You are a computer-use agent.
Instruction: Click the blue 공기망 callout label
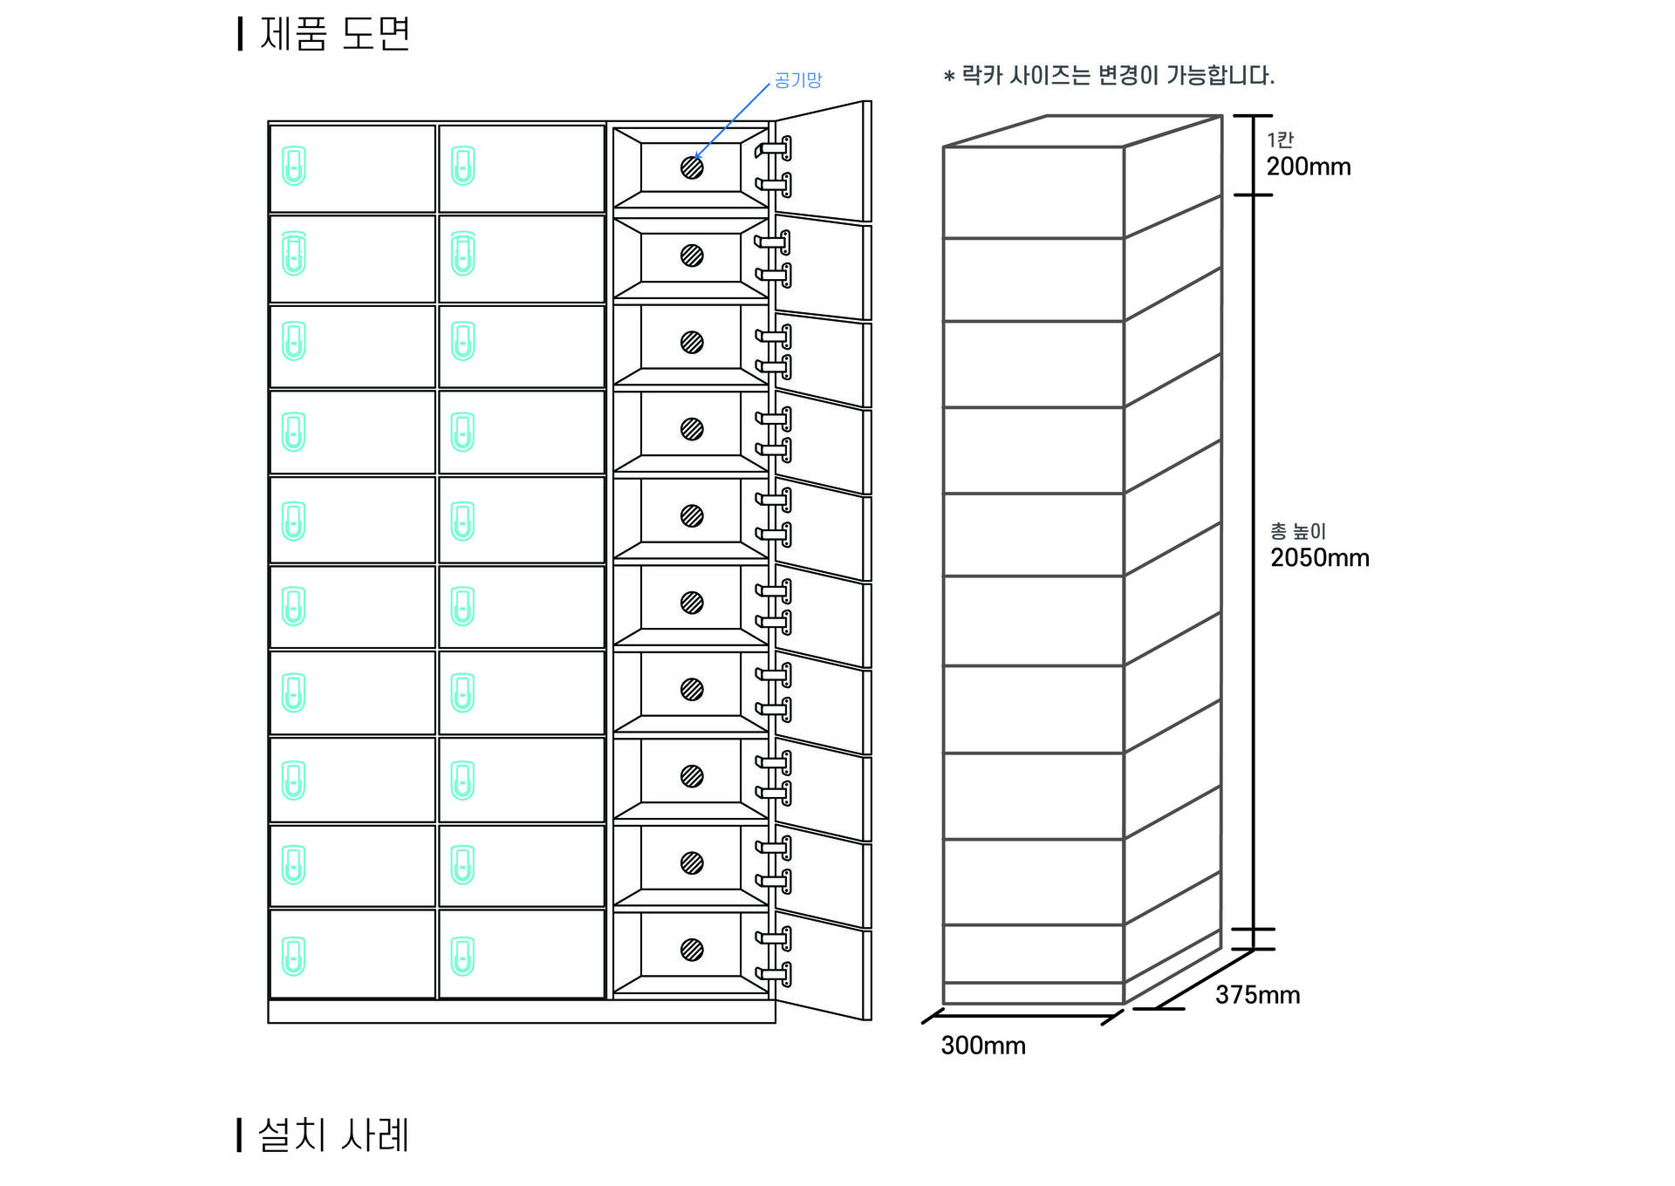pos(797,80)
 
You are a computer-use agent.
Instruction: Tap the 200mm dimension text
pos(1308,167)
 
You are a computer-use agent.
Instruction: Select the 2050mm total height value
pos(1319,558)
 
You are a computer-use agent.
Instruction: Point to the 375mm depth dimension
pos(1257,995)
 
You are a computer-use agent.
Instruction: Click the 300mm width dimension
pos(983,1046)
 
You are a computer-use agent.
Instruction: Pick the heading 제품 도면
pos(335,34)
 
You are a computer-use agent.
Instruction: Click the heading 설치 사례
pos(333,1135)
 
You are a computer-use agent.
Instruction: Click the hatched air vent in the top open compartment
pos(692,167)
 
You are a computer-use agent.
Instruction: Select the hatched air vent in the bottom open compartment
pos(692,950)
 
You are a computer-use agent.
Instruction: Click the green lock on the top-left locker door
pos(294,166)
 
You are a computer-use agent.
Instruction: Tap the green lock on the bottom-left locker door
pos(294,956)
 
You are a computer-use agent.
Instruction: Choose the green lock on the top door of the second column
pos(462,166)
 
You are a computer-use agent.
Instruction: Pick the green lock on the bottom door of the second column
pos(462,956)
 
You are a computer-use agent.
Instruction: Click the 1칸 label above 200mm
pos(1280,140)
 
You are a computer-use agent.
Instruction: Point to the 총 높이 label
pos(1297,531)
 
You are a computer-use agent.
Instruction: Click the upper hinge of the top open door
pos(775,148)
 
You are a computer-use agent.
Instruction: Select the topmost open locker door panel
pos(820,161)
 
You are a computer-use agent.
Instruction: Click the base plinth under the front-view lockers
pos(521,1012)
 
